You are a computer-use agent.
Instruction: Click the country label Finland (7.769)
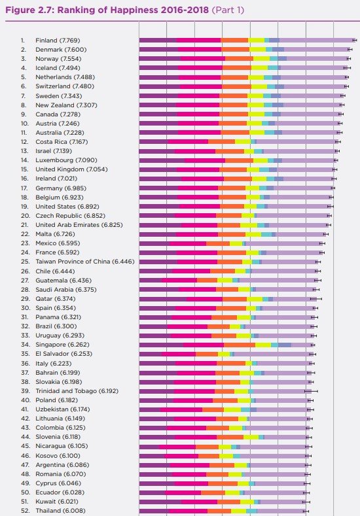pos(58,41)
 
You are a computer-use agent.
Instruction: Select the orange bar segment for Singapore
pos(240,345)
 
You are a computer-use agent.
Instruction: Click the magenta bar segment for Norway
pos(203,59)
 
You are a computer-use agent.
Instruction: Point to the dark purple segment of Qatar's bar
pos(163,299)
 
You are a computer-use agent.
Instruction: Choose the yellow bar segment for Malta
pos(253,234)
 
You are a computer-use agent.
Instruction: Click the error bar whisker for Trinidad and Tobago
pos(311,391)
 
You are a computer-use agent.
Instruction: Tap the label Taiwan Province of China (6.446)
pos(85,262)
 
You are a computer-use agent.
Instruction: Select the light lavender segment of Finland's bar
pos(317,41)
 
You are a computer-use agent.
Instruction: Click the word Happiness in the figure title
pos(134,10)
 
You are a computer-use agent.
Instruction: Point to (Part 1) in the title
pos(228,10)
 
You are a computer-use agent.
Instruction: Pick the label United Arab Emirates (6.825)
pos(79,225)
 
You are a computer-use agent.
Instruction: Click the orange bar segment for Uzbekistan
pos(213,409)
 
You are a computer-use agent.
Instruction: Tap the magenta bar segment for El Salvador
pos(179,354)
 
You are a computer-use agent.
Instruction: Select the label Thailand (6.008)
pos(60,511)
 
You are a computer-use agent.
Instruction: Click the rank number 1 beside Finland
pos(23,41)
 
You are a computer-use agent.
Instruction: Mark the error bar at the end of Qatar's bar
pos(316,299)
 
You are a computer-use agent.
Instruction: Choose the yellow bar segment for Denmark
pos(258,49)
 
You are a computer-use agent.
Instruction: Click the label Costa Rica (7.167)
pos(62,142)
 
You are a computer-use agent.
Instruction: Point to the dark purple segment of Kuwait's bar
pos(160,502)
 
